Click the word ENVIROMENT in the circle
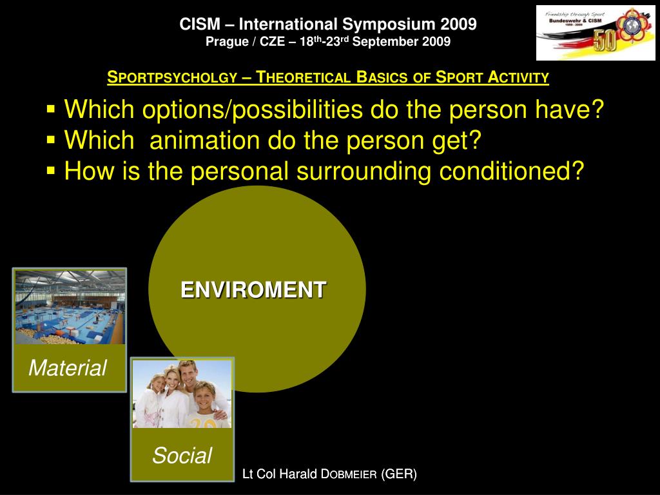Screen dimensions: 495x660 (x=253, y=289)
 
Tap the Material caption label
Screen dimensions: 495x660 (x=68, y=368)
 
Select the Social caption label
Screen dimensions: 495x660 (x=182, y=456)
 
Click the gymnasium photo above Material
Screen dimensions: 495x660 (x=70, y=307)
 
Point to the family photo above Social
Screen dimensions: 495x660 (x=182, y=394)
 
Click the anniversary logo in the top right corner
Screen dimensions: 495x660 (x=595, y=33)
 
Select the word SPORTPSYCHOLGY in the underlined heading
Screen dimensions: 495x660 (x=172, y=78)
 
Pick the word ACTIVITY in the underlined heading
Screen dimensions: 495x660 (x=518, y=78)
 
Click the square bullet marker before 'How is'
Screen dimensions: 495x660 (x=52, y=170)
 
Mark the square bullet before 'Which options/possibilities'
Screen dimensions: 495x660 (x=52, y=108)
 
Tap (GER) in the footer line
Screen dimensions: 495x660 (x=399, y=474)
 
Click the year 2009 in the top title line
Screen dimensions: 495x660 (x=459, y=24)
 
